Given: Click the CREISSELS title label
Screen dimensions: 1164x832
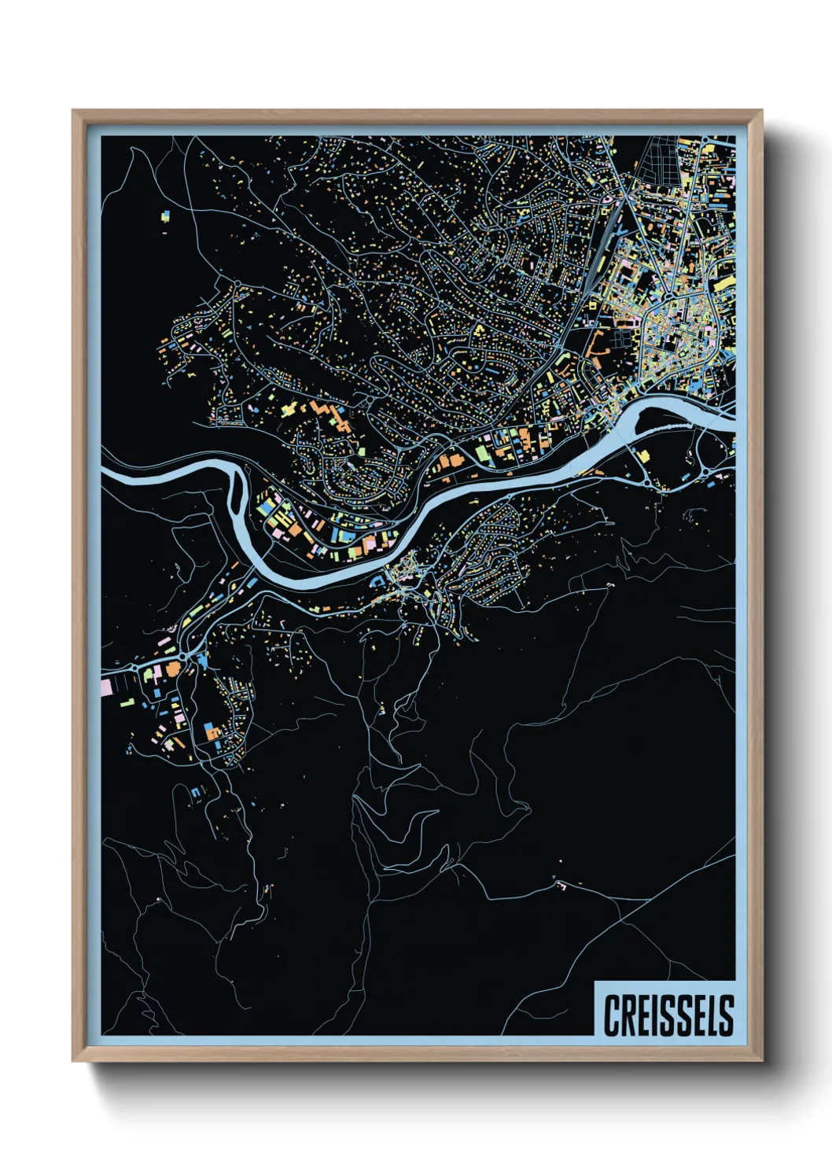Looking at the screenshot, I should click(668, 1015).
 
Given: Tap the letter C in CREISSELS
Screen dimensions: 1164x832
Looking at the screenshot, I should click(611, 1015).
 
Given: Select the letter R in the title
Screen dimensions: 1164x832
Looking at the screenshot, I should click(628, 1015).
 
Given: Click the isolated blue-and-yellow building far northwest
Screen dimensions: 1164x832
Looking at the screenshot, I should click(165, 214).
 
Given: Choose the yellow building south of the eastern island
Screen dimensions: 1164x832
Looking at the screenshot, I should click(643, 456).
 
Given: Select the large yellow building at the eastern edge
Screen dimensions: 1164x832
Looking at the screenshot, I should click(722, 283).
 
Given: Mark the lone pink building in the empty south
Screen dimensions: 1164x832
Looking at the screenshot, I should click(561, 886).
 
